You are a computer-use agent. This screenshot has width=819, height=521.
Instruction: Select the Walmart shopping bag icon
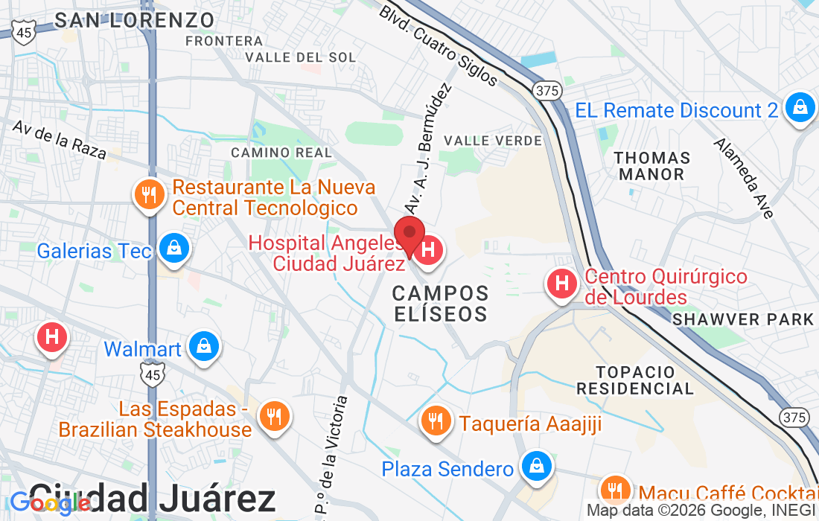click(203, 347)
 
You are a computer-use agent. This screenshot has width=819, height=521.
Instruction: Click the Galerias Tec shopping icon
click(173, 249)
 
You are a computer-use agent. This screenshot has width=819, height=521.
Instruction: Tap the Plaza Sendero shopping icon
click(535, 467)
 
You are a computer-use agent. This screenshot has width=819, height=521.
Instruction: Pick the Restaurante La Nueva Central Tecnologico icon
click(150, 195)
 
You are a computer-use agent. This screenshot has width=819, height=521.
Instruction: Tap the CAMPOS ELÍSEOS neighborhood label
click(441, 303)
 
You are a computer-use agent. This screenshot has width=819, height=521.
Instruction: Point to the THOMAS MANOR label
click(651, 166)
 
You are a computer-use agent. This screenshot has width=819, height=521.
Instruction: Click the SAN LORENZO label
click(135, 20)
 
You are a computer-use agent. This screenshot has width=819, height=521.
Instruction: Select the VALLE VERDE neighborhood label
click(493, 141)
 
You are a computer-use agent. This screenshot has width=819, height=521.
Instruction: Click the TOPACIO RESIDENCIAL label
click(635, 380)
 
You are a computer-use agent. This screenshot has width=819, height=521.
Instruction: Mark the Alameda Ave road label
click(745, 177)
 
